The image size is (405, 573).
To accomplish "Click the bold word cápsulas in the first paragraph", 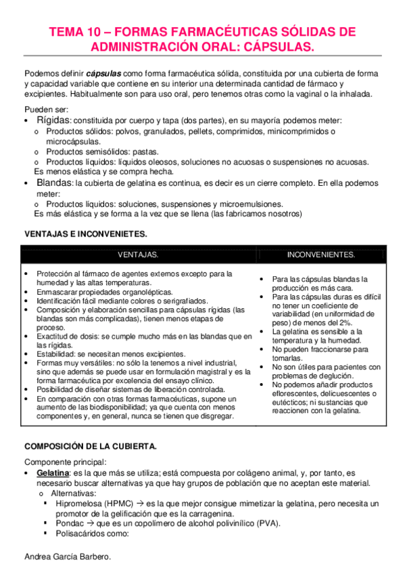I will pos(103,73).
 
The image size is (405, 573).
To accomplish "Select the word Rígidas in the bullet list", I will pos(53,120).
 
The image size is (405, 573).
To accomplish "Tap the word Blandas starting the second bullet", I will pos(55,183).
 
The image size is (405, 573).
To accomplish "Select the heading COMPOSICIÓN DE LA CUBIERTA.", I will pos(91,447).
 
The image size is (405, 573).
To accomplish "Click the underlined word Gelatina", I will pos(53,474).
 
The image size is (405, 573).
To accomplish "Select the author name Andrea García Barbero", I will pos(66,557).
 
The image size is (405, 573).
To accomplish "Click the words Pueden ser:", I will pos(45,109).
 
